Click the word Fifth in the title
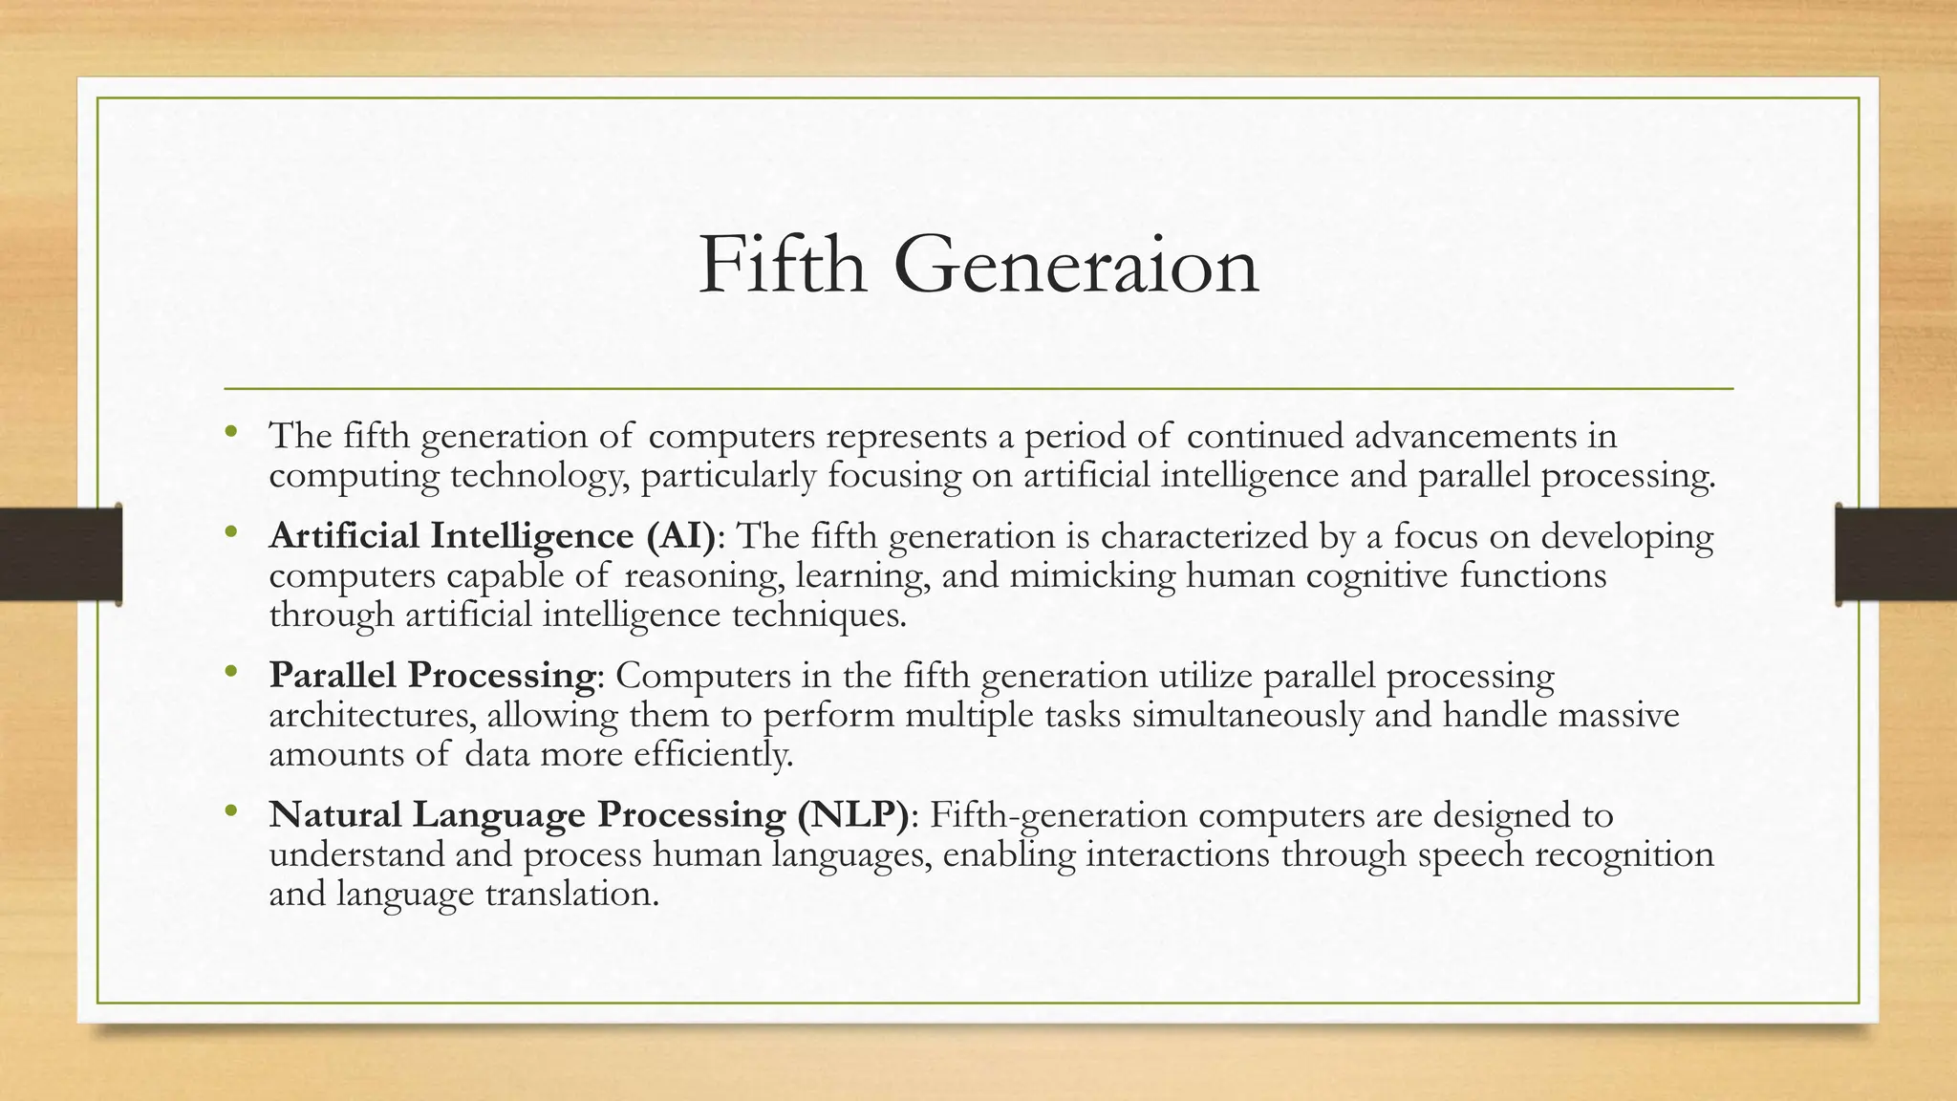[x=782, y=266]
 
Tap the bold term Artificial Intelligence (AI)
[x=492, y=536]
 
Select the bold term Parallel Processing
[x=432, y=676]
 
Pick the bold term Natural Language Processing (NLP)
[x=588, y=815]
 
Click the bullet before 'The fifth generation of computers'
[x=229, y=432]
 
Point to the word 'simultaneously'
[x=1247, y=716]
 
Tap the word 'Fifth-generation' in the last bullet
[x=1058, y=815]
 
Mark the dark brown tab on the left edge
[x=60, y=554]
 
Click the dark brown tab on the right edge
[x=1896, y=554]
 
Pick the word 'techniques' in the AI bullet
[x=818, y=615]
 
